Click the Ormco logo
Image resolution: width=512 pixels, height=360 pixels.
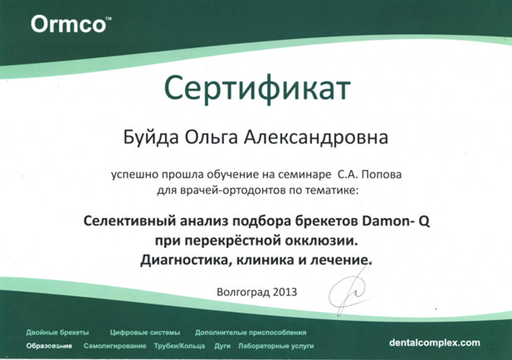tap(71, 24)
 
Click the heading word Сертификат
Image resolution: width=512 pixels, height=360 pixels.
tap(257, 89)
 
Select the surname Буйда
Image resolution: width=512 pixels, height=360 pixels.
tap(151, 138)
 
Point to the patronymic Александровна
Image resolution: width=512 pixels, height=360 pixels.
tap(316, 137)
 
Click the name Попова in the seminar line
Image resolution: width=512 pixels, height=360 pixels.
tap(382, 175)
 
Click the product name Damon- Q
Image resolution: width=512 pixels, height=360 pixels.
tap(396, 221)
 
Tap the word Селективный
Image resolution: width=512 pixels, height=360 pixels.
tap(129, 221)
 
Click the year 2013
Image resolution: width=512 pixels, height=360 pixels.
tap(285, 291)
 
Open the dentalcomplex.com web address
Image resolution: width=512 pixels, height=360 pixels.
tap(435, 343)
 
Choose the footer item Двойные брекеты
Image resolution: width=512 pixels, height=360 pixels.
tap(57, 333)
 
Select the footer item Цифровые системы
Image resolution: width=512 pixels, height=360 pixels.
tap(145, 333)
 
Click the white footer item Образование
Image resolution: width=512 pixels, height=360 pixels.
tap(49, 346)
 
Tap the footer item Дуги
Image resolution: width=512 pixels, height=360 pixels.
tap(222, 346)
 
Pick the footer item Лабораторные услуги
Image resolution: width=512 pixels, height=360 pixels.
tap(276, 346)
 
